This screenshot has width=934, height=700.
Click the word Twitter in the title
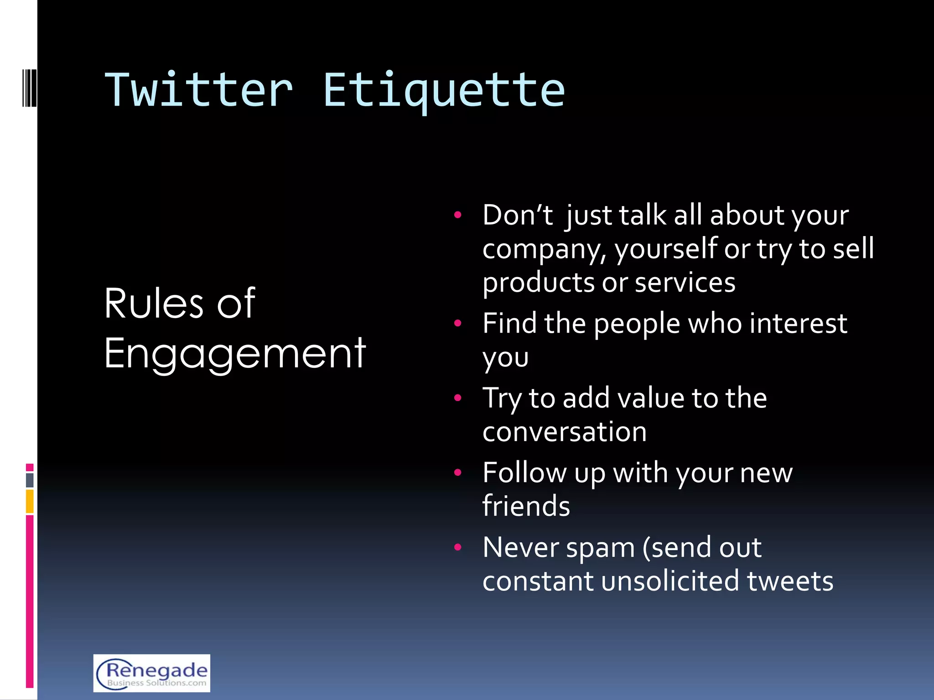coord(198,90)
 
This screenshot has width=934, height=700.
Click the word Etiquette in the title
coord(444,90)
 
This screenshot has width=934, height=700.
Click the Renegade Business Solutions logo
coord(152,673)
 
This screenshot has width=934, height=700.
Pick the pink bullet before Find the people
coord(458,323)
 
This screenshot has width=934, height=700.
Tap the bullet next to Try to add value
coord(458,398)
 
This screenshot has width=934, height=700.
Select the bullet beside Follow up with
coord(458,472)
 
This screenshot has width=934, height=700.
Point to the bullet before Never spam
coord(458,547)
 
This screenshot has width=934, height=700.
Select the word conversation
coord(565,432)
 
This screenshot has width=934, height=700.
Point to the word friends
coord(526,506)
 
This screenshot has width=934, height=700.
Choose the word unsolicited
coord(669,581)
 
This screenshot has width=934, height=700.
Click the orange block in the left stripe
coord(30,501)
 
